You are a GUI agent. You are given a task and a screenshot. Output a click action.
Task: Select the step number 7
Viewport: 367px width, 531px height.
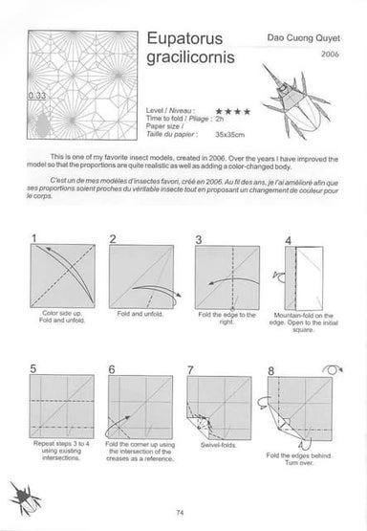click(191, 368)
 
